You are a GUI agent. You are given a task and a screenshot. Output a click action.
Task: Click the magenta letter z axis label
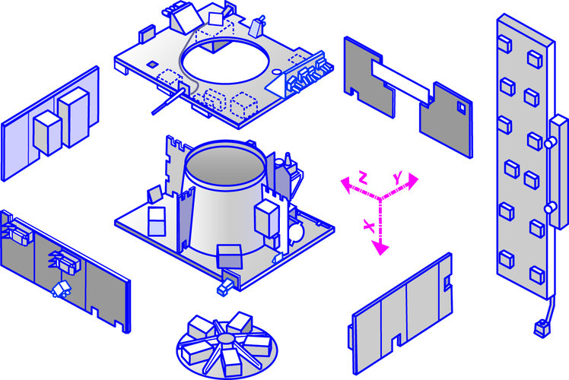click(x=363, y=178)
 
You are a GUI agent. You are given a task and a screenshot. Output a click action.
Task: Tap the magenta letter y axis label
click(x=397, y=177)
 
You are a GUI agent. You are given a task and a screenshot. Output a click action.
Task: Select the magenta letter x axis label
click(x=369, y=226)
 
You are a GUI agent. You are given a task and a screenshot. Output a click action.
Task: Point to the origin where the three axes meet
click(x=378, y=198)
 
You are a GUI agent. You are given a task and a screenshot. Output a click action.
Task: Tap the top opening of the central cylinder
click(x=224, y=160)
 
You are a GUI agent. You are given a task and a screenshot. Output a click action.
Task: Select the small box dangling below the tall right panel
click(x=542, y=327)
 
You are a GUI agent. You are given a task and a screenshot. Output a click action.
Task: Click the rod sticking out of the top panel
click(x=167, y=101)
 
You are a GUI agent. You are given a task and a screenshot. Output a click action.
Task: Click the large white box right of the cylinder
click(x=269, y=218)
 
